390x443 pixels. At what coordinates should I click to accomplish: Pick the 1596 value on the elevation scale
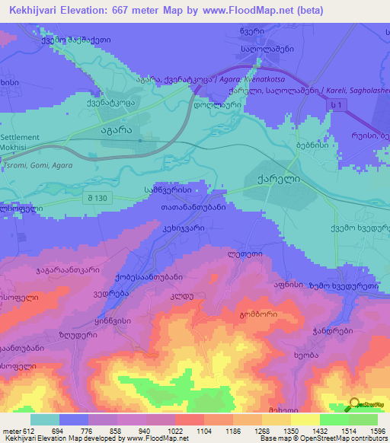point(376,431)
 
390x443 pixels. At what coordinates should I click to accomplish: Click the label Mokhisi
point(16,147)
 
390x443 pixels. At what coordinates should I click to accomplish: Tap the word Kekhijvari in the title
point(37,11)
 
